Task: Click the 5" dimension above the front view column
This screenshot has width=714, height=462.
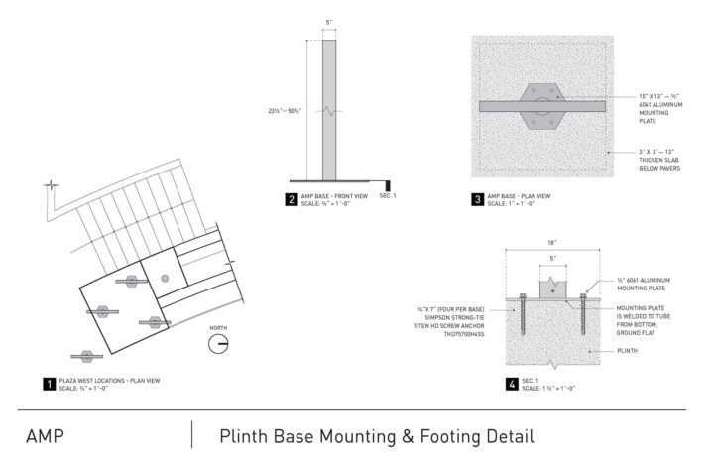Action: click(328, 23)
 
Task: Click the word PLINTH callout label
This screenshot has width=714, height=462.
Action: click(625, 350)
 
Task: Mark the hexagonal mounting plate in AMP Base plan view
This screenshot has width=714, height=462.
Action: click(539, 104)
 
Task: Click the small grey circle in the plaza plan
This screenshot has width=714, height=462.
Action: click(165, 279)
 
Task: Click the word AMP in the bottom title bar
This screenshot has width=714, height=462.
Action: click(47, 435)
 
